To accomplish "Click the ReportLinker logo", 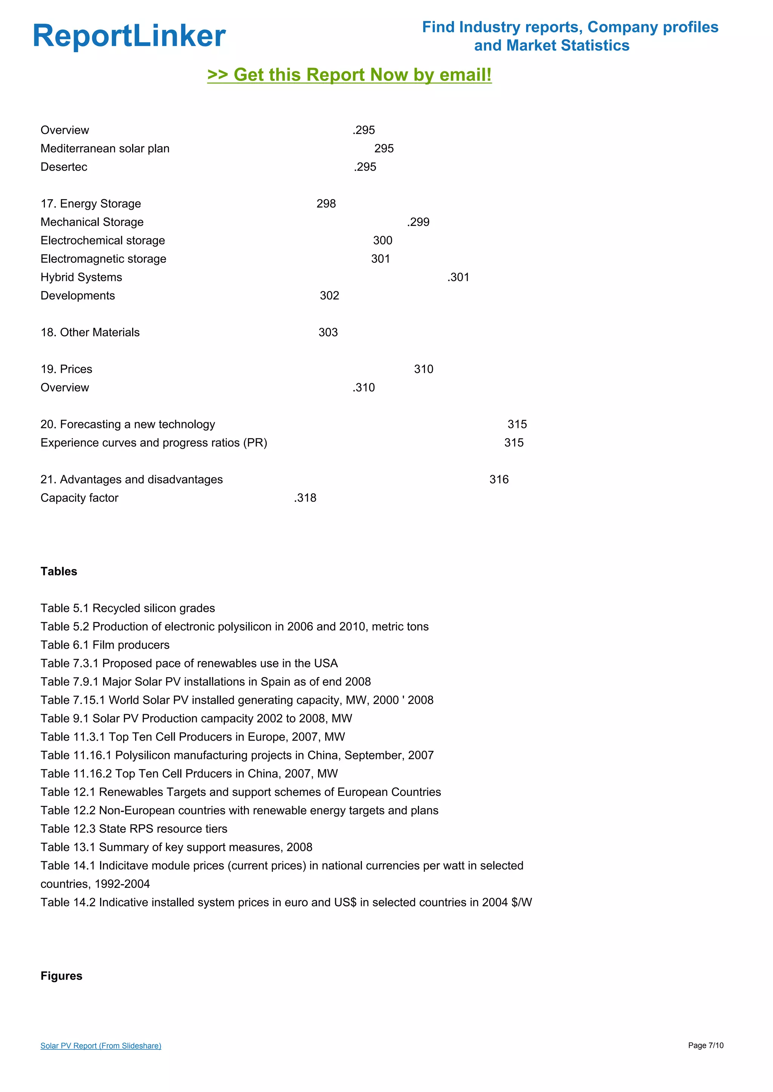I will (x=129, y=36).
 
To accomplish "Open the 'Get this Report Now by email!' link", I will (x=350, y=75).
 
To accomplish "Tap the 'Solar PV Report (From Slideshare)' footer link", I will (x=100, y=1045).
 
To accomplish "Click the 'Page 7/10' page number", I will (x=705, y=1045).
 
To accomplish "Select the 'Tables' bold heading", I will (x=59, y=571).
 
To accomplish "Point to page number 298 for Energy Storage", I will (x=326, y=204).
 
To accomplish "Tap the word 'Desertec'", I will (x=64, y=167).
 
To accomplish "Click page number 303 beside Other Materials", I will (x=328, y=333).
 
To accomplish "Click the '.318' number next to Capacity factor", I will (x=305, y=498).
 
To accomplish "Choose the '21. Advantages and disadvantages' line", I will (x=131, y=479).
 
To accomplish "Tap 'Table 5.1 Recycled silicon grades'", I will (x=128, y=608).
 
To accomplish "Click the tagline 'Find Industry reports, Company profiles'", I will (x=570, y=27).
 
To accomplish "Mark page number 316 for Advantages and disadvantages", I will (x=499, y=479).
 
